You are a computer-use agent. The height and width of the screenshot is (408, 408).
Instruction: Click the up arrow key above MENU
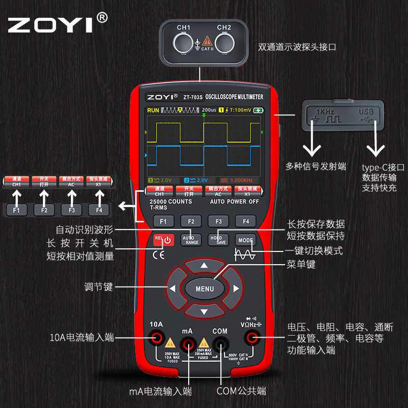(x=204, y=265)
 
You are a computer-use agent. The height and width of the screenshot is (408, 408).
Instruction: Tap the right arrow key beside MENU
(x=236, y=289)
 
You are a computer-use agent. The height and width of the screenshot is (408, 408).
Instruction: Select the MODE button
(x=245, y=239)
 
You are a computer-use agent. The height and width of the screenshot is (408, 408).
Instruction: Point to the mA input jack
(x=188, y=344)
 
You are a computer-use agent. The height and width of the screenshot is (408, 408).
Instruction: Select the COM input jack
(x=220, y=344)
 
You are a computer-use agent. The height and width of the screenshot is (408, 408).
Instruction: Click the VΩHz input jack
(x=251, y=338)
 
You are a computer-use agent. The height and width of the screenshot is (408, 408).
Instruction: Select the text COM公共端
(x=241, y=391)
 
